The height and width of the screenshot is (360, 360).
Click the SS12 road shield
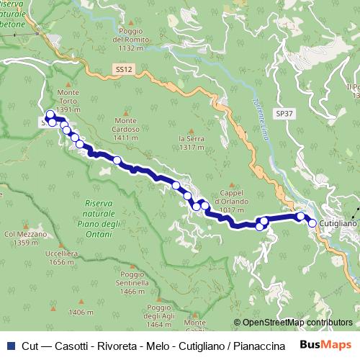coord(123,69)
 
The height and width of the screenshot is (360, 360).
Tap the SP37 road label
coord(285,114)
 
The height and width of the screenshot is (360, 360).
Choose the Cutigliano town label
coord(338,224)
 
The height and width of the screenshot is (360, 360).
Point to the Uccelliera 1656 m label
coord(61,258)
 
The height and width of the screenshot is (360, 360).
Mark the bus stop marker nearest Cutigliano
coord(312,223)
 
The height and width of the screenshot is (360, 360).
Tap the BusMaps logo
coord(329,344)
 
